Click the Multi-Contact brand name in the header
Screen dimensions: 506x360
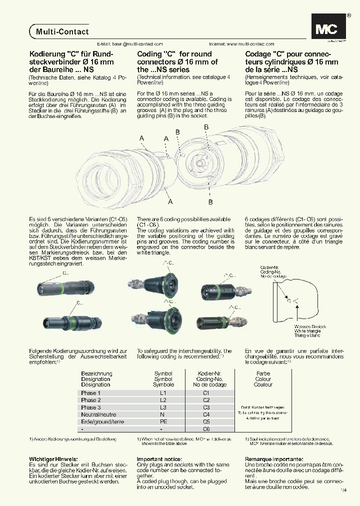[62, 31]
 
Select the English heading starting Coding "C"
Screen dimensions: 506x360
[177, 62]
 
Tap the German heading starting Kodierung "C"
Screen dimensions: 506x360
[71, 62]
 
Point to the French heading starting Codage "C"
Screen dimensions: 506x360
[291, 62]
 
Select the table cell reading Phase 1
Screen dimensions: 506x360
[91, 393]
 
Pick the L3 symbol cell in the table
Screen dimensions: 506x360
[163, 407]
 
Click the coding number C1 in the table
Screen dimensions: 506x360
[206, 393]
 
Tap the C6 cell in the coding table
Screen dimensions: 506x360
[206, 429]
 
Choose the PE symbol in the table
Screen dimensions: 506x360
[163, 422]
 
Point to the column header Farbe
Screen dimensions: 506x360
[263, 373]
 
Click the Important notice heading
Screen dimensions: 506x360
[159, 459]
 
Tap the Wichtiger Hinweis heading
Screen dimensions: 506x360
[53, 459]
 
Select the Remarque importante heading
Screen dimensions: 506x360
[274, 459]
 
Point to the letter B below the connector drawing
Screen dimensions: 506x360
[210, 202]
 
